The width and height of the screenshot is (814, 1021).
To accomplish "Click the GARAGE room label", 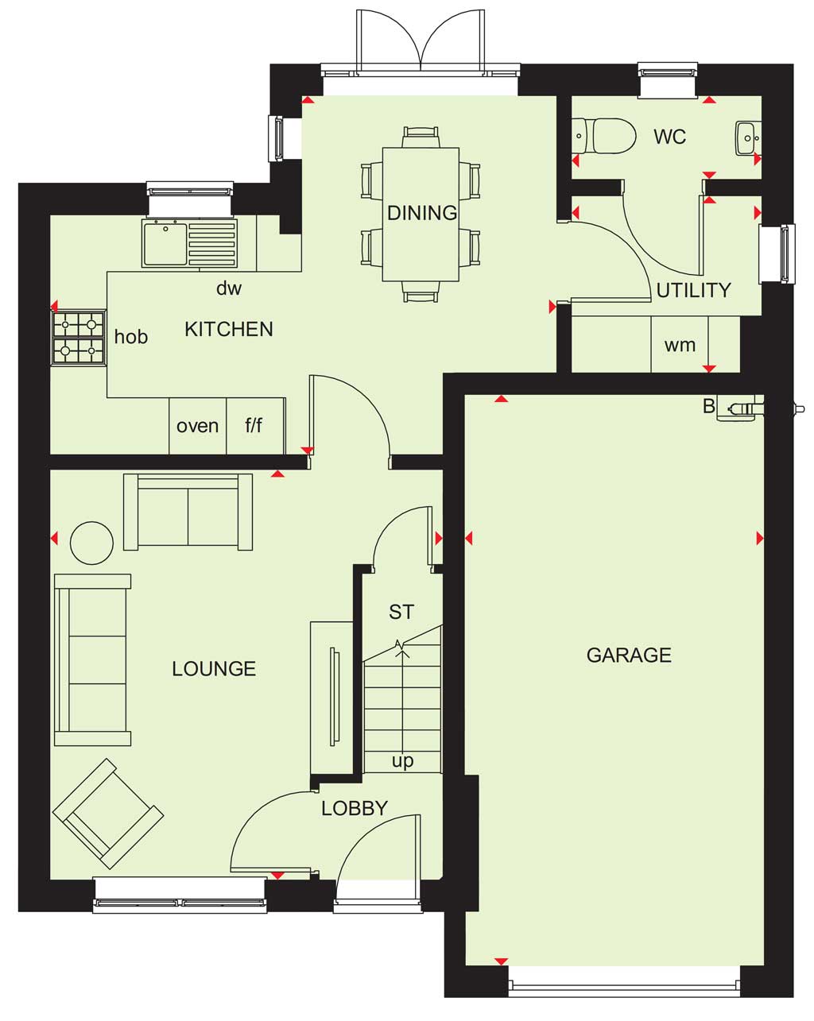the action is (629, 656).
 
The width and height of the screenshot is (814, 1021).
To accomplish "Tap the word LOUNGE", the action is (214, 669).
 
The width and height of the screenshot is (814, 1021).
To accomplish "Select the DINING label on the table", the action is (422, 213).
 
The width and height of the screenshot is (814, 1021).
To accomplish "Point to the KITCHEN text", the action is (229, 329).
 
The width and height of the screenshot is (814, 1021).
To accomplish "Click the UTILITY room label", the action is (693, 290).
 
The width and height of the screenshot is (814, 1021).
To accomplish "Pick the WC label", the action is (669, 137).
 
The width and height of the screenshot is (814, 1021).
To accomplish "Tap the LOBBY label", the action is (354, 808).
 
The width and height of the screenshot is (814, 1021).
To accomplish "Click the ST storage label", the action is (401, 612).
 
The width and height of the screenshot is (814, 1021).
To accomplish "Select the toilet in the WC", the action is (603, 136).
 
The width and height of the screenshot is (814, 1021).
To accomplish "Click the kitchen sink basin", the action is (165, 243).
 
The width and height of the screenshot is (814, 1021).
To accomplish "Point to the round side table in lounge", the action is (91, 543).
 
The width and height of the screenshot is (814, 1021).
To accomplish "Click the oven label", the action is (197, 426).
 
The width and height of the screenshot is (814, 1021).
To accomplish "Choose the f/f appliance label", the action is (254, 425).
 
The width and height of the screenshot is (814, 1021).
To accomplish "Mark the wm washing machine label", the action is (680, 346).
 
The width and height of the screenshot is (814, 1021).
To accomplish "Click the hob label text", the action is (131, 337).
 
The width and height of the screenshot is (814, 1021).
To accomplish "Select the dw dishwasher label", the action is (229, 288).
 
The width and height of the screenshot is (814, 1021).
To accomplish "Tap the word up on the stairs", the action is (402, 761).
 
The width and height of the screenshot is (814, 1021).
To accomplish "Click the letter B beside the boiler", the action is (708, 406).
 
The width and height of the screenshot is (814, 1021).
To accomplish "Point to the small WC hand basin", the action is (748, 137).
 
